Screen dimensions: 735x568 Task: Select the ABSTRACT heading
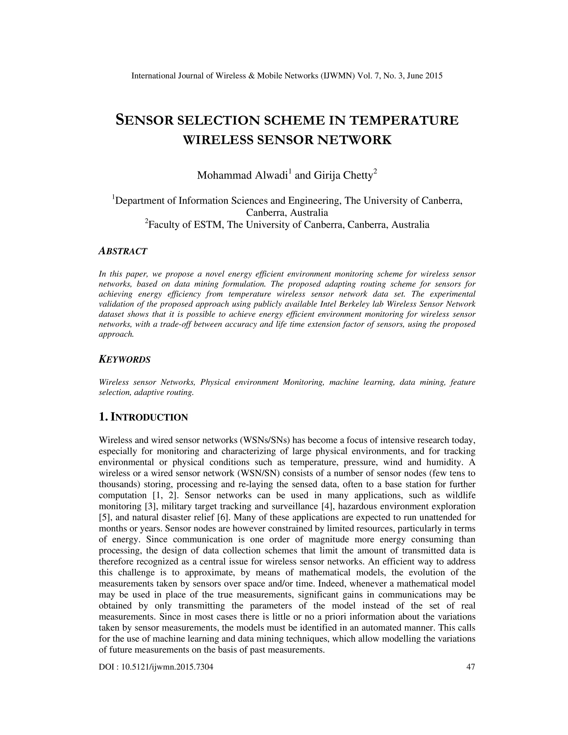click(123, 251)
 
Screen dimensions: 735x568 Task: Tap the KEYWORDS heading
click(125, 359)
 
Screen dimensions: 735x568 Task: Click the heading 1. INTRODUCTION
click(143, 417)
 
